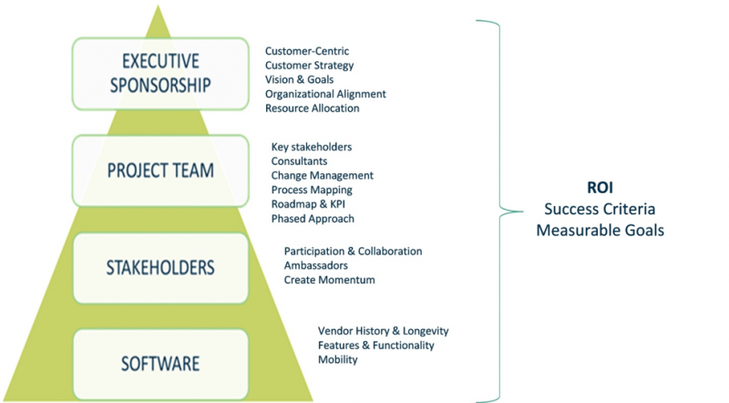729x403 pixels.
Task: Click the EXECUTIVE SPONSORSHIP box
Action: (x=159, y=74)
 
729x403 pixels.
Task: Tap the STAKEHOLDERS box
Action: (x=159, y=267)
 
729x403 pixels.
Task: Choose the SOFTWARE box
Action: (x=159, y=363)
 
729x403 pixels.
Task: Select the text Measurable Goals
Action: (x=600, y=231)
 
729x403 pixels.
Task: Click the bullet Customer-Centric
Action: (x=306, y=51)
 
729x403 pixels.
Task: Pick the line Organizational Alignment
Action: (x=325, y=94)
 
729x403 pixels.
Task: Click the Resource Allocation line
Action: (x=312, y=108)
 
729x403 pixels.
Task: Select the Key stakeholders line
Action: (x=312, y=147)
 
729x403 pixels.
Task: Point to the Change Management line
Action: (x=323, y=175)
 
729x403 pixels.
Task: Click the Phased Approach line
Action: (x=313, y=219)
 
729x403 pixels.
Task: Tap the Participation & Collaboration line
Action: (x=353, y=251)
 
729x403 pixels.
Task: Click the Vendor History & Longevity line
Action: (x=383, y=330)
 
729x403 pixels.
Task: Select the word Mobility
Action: (x=337, y=359)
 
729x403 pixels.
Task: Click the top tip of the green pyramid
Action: (x=159, y=8)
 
